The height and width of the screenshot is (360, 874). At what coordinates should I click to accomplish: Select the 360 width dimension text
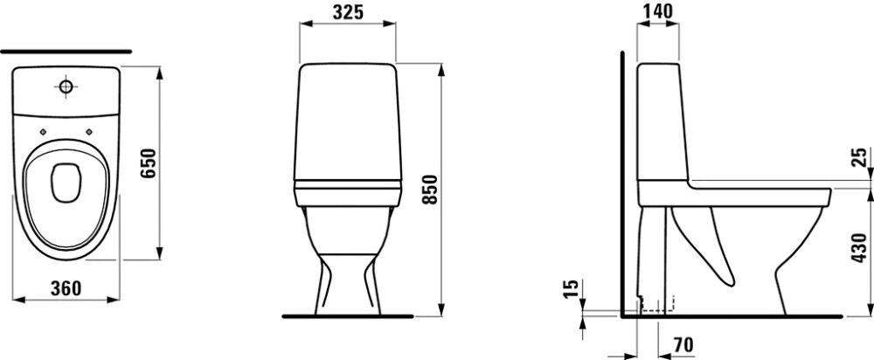(x=66, y=286)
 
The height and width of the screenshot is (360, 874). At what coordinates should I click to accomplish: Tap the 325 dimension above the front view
(x=348, y=11)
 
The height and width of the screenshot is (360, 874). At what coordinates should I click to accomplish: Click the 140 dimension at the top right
(x=658, y=11)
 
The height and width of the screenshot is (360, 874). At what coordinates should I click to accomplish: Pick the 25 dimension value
(x=860, y=158)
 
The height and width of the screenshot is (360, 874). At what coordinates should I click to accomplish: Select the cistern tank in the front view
(x=348, y=122)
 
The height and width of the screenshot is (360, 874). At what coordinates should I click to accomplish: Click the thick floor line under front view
(x=348, y=315)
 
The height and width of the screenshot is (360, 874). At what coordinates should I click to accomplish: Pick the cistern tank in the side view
(x=659, y=122)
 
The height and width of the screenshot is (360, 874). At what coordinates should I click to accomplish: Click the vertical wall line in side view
(x=621, y=183)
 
